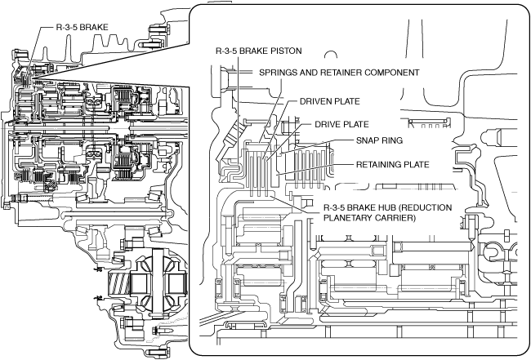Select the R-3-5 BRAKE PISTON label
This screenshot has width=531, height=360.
pos(258,51)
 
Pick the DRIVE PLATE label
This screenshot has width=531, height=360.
pos(341,124)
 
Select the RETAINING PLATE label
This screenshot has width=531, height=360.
pos(394,164)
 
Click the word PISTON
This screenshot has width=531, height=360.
pos(284,51)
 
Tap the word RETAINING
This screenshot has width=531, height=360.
pos(381,164)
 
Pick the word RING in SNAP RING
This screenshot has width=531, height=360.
pos(395,140)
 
